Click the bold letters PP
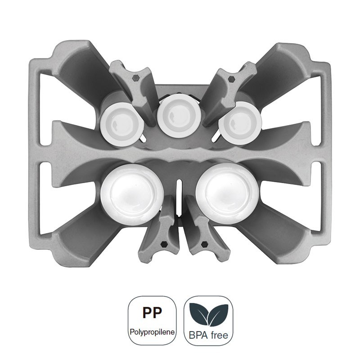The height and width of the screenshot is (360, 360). click(x=152, y=312)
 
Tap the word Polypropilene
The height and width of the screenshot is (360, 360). click(x=152, y=332)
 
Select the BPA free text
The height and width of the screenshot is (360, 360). click(x=208, y=335)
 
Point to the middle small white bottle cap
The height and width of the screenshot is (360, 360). click(x=180, y=116)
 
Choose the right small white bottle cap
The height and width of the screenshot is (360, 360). click(x=240, y=123)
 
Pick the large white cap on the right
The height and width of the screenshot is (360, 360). click(x=227, y=193)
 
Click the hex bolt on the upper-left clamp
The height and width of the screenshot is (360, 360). click(x=136, y=78)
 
